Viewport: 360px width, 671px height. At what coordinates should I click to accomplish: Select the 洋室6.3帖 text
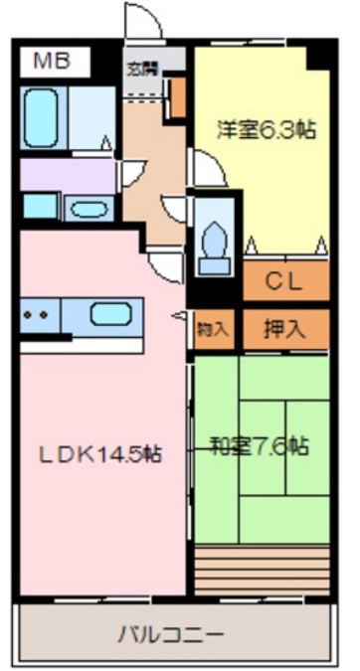261,129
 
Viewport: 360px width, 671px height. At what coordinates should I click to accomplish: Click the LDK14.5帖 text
100,454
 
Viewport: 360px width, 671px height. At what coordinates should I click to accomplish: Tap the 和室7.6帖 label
261,444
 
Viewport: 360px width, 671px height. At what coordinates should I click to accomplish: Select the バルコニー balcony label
172,632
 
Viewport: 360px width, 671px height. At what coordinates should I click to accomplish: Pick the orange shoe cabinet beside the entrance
179,96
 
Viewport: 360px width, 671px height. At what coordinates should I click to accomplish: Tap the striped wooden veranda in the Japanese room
262,570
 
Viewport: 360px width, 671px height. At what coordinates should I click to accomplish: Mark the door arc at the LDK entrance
162,265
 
